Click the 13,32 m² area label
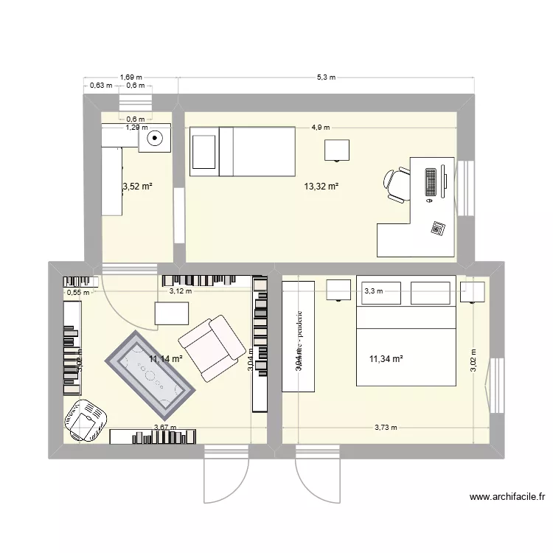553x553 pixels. [x=321, y=187]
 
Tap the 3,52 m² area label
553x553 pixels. [x=136, y=187]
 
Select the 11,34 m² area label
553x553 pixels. [x=386, y=359]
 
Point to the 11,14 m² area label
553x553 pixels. [x=166, y=359]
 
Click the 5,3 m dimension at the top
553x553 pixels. [x=326, y=77]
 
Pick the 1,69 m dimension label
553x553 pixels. [x=131, y=77]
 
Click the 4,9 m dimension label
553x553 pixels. [x=321, y=127]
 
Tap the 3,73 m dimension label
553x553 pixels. [x=385, y=427]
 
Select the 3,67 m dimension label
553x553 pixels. [x=164, y=427]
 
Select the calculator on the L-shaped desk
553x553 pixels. [x=439, y=228]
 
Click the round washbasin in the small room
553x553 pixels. [x=156, y=137]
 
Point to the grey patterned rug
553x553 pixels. [x=150, y=372]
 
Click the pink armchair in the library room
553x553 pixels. [x=212, y=347]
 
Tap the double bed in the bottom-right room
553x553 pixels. [x=405, y=331]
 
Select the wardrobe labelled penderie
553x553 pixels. [x=299, y=335]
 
